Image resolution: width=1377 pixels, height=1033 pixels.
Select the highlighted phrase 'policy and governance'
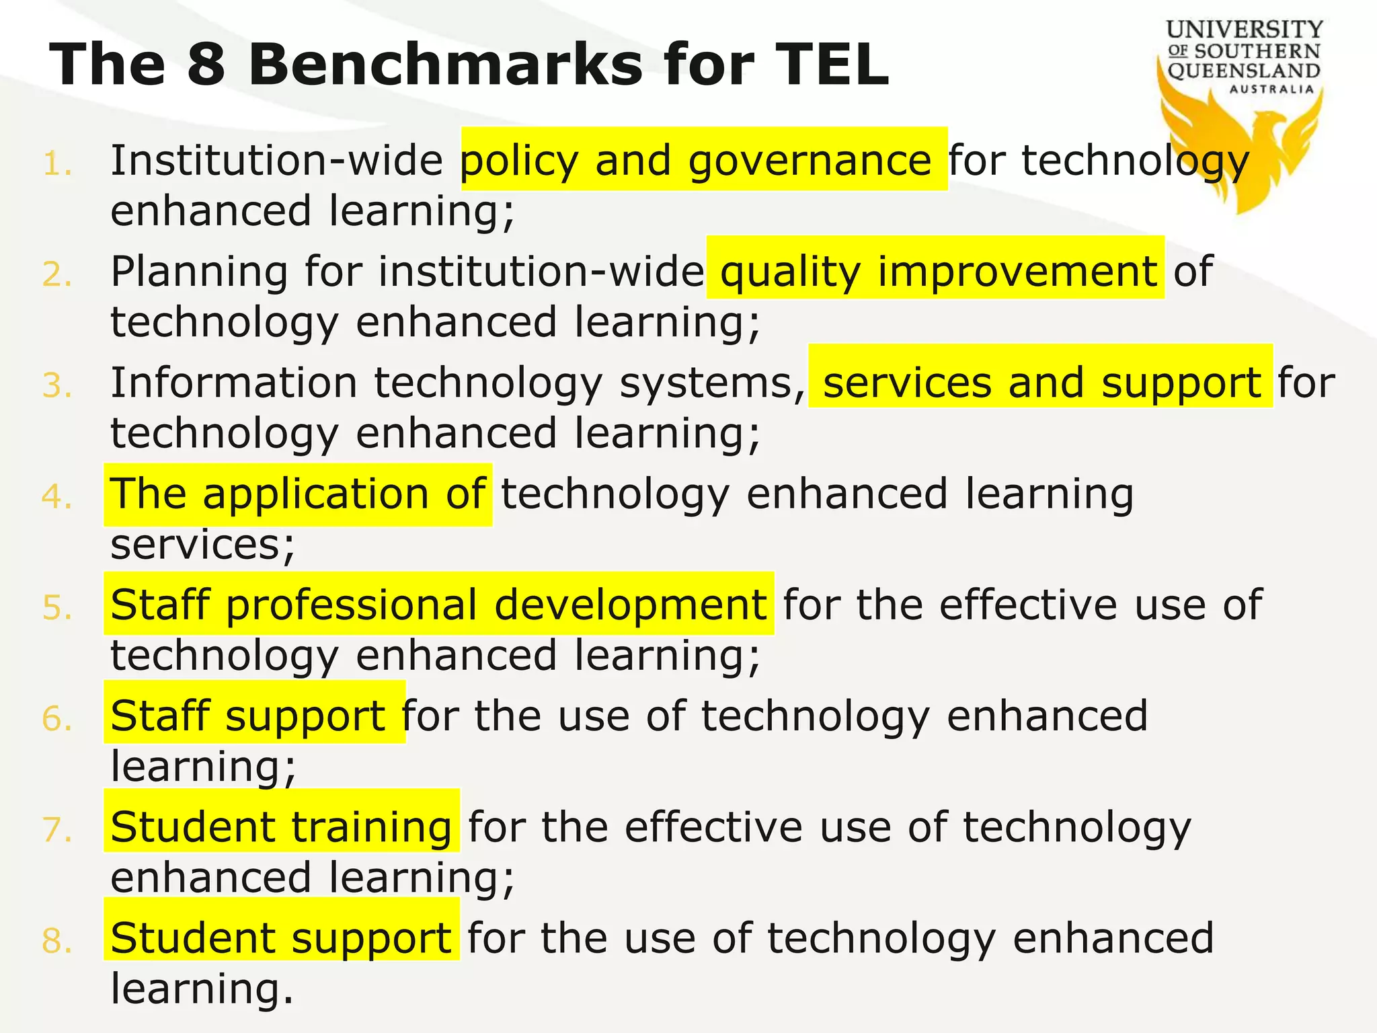click(x=703, y=160)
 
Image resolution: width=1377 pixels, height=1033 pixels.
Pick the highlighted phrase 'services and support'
click(x=1041, y=382)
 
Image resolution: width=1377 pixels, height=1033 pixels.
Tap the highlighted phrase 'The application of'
click(x=297, y=494)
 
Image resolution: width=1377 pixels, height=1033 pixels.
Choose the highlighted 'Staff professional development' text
click(x=438, y=604)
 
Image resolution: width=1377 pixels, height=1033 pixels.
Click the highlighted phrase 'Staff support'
click(x=254, y=715)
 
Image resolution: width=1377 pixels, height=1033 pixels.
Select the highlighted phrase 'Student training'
click(x=281, y=826)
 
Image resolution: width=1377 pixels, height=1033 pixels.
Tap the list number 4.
click(x=56, y=497)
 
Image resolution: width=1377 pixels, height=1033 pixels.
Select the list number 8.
click(x=56, y=941)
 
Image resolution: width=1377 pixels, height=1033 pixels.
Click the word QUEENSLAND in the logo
click(x=1244, y=71)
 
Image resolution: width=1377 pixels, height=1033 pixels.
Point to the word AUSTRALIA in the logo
click(x=1271, y=89)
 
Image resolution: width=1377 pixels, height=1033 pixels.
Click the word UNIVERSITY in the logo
click(x=1245, y=30)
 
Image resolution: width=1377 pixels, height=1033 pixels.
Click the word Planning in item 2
click(x=199, y=272)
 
